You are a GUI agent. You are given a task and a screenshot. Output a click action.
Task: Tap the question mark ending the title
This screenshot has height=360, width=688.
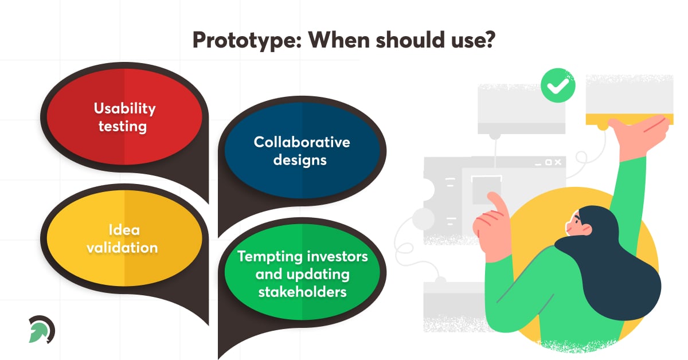click(x=489, y=40)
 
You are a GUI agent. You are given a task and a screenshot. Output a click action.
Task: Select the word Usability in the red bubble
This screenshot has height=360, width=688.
click(x=125, y=108)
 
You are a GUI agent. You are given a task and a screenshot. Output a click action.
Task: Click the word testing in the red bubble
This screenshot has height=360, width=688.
click(x=123, y=127)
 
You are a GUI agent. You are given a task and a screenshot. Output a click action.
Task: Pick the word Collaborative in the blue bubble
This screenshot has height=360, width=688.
click(x=302, y=142)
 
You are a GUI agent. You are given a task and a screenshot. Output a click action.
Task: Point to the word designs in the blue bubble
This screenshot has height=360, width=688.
click(x=300, y=160)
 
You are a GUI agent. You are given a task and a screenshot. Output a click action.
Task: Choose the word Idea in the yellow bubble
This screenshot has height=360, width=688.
click(x=124, y=230)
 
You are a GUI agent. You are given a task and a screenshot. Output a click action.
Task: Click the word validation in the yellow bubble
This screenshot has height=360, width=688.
click(x=122, y=248)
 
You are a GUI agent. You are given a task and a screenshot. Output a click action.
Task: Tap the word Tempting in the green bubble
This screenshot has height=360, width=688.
click(x=270, y=257)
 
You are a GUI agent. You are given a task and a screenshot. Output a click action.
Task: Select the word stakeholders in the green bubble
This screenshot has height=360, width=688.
click(x=302, y=292)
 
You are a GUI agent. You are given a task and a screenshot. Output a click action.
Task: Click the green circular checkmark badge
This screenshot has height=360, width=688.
click(x=558, y=85)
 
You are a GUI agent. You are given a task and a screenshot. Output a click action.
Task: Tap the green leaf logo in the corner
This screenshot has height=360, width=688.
click(x=41, y=329)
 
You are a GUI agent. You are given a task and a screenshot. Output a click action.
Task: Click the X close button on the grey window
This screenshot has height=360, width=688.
click(x=558, y=162)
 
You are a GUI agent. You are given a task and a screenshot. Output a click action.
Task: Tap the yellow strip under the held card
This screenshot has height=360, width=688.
click(x=630, y=119)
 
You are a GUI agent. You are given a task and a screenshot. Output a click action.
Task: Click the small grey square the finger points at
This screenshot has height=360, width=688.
click(x=486, y=190)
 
